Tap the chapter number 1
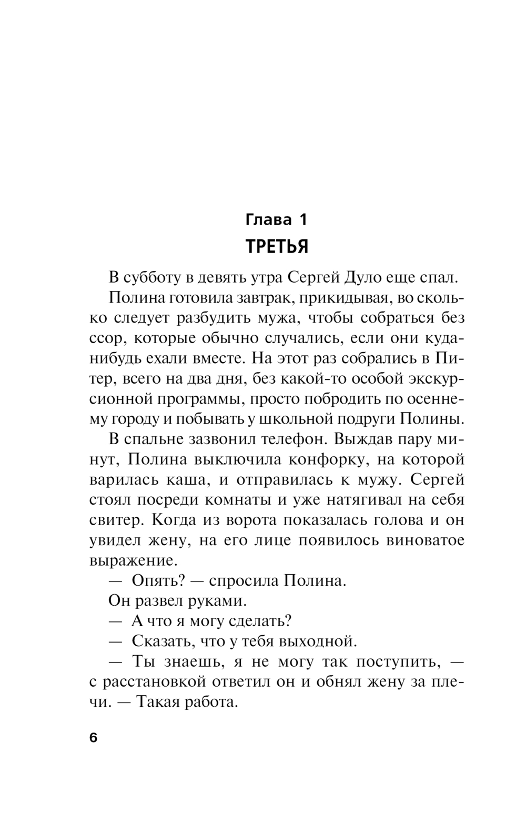302,219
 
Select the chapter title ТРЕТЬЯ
277,246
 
